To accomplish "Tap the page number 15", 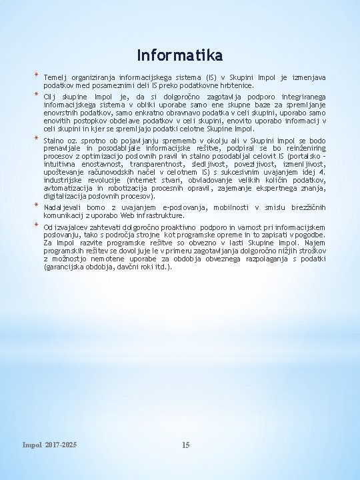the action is click(186, 445).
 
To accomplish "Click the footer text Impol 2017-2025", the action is click(49, 444).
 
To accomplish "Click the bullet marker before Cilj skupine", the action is click(37, 96).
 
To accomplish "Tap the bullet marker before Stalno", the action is click(37, 140).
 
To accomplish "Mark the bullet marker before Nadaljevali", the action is click(37, 207).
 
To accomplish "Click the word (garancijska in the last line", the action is click(65, 267).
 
